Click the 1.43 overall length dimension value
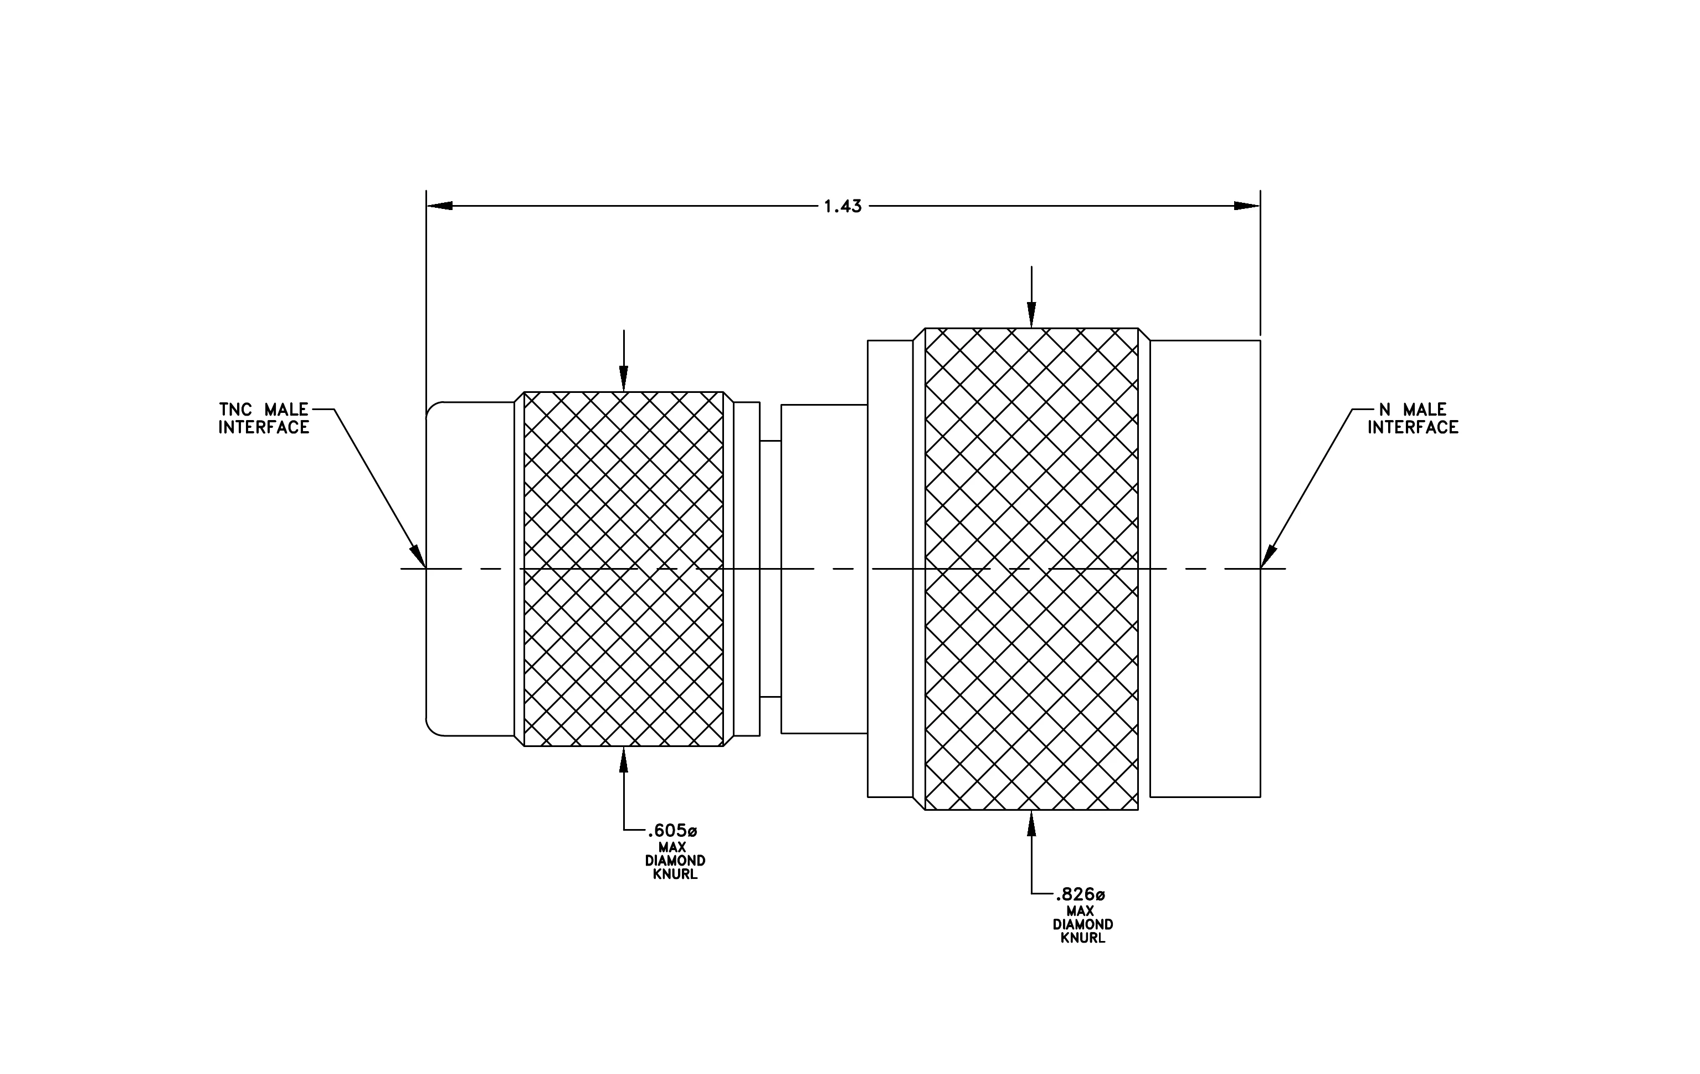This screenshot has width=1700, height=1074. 843,206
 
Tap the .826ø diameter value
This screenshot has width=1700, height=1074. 1080,894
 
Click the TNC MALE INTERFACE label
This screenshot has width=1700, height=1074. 263,419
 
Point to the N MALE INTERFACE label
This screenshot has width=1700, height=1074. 1413,419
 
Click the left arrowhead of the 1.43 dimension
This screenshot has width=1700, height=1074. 439,206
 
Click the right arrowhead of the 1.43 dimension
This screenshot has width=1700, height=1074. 1247,206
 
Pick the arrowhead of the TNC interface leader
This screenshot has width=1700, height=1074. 419,556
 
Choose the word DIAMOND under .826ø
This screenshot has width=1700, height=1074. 1083,924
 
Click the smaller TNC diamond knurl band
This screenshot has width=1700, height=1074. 623,569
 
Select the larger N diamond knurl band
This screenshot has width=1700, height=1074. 1031,569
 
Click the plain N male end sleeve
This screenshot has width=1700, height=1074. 1205,569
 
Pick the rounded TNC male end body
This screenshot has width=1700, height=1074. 470,569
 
